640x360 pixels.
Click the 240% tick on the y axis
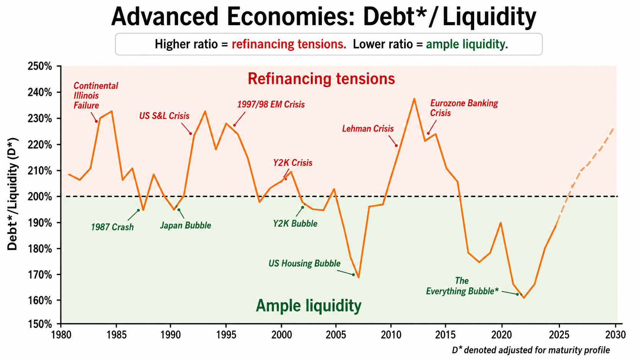click(x=59, y=92)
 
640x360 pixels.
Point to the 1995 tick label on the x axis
click(x=226, y=335)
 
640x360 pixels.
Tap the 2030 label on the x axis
click(x=616, y=335)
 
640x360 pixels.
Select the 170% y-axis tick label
click(x=40, y=275)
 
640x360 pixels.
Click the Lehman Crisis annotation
click(x=368, y=129)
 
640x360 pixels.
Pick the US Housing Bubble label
click(x=304, y=263)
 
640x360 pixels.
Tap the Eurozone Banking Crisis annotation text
click(x=464, y=108)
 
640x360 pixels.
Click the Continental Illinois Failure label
click(x=96, y=96)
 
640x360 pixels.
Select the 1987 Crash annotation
click(x=112, y=227)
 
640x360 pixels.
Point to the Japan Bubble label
click(x=185, y=225)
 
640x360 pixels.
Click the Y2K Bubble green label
click(x=295, y=223)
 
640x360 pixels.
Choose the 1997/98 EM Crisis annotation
click(x=271, y=104)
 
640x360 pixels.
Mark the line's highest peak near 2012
click(x=414, y=99)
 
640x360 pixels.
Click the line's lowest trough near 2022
click(x=524, y=298)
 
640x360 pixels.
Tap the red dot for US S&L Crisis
click(x=191, y=134)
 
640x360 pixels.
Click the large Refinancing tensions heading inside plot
click(x=321, y=79)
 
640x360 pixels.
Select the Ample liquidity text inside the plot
click(x=309, y=306)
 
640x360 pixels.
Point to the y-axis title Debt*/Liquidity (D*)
click(x=13, y=194)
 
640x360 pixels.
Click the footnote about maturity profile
click(x=531, y=350)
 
